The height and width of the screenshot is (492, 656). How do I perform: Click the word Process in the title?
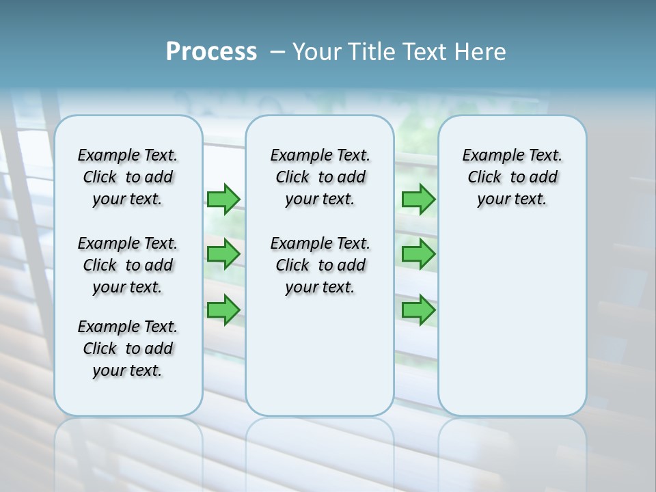pyautogui.click(x=211, y=52)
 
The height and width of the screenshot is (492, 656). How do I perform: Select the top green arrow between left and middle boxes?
pyautogui.click(x=223, y=199)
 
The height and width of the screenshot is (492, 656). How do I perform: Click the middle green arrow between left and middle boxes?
pyautogui.click(x=223, y=254)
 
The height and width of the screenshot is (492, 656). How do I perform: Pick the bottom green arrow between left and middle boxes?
pyautogui.click(x=223, y=310)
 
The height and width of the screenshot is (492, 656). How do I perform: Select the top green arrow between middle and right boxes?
pyautogui.click(x=418, y=199)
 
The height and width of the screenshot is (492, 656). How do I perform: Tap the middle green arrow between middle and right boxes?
pyautogui.click(x=418, y=254)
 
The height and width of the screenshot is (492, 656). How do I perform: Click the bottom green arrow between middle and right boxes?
pyautogui.click(x=418, y=310)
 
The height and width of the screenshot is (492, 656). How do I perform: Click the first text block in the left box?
pyautogui.click(x=128, y=177)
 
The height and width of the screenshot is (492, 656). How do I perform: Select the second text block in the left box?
pyautogui.click(x=128, y=265)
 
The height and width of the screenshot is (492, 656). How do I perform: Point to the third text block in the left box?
pyautogui.click(x=128, y=348)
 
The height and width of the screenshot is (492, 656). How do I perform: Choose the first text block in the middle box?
pyautogui.click(x=320, y=177)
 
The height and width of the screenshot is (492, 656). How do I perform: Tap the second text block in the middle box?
pyautogui.click(x=320, y=265)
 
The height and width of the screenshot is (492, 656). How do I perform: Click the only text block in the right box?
pyautogui.click(x=512, y=177)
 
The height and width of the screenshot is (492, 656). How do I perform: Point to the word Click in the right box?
pyautogui.click(x=484, y=178)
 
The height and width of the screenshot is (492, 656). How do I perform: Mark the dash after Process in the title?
pyautogui.click(x=277, y=52)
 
